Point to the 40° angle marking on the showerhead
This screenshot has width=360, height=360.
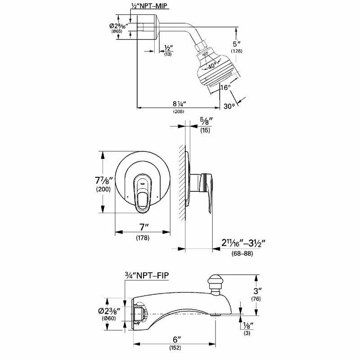[x=211, y=66]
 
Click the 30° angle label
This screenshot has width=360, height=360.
[x=229, y=106]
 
